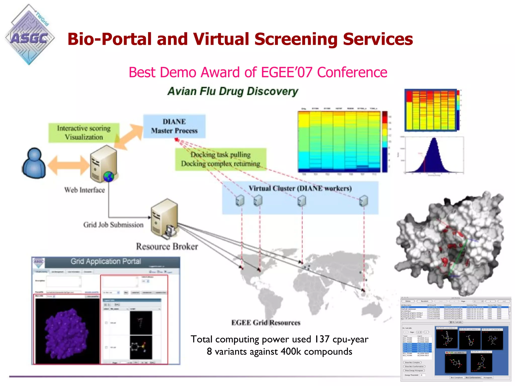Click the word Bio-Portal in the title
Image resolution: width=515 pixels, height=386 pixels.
(x=110, y=39)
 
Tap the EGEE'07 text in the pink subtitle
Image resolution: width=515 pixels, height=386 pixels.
(x=286, y=73)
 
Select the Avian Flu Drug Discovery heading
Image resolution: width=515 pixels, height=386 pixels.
(x=233, y=91)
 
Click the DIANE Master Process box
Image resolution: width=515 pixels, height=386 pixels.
(x=174, y=126)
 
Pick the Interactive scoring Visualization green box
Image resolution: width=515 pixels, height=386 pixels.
(x=84, y=133)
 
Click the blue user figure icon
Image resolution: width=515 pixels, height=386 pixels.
(x=34, y=163)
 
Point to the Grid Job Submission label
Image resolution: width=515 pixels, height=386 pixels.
(x=113, y=225)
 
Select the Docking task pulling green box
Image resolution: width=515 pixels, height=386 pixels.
(x=221, y=159)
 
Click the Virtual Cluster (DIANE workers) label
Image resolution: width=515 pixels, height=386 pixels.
(x=300, y=188)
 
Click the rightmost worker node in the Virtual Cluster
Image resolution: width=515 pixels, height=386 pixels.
(x=364, y=201)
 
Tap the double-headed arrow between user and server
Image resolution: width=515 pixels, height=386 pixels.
(x=68, y=165)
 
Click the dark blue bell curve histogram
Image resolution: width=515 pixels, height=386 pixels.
(x=434, y=157)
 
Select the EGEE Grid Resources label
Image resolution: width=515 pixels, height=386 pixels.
(x=266, y=323)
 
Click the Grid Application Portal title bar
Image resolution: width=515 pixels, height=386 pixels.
(x=106, y=262)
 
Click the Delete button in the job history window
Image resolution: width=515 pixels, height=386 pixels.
(x=408, y=301)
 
